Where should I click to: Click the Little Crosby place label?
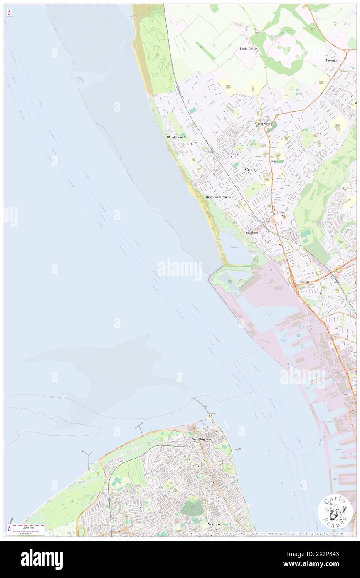(x=249, y=49)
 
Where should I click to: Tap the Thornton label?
(x=332, y=60)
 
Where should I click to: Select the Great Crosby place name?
(x=264, y=124)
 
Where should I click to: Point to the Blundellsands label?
(x=176, y=137)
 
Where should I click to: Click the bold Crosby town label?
(x=251, y=170)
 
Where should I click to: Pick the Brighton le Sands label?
(x=218, y=197)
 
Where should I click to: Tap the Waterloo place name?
(x=252, y=232)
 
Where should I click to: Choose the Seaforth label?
(x=305, y=282)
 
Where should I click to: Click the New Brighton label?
(x=201, y=439)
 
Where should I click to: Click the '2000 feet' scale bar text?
(x=28, y=526)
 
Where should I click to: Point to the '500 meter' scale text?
(x=27, y=533)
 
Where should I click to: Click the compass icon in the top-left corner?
(x=9, y=13)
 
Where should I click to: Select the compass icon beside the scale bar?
(x=9, y=529)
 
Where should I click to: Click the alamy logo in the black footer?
(x=42, y=559)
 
